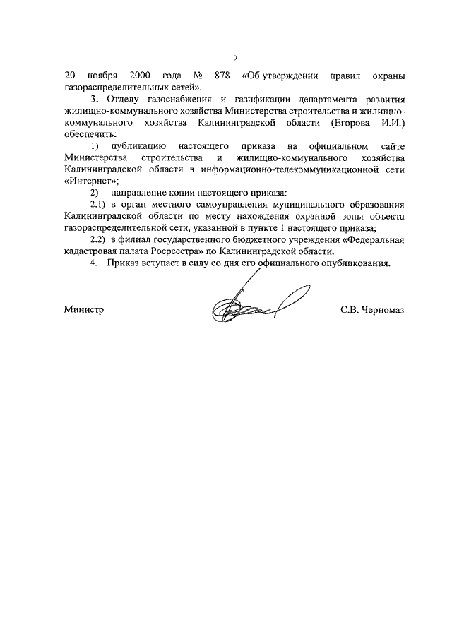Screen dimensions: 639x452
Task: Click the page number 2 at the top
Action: (x=235, y=59)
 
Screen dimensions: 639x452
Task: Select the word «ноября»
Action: (x=100, y=76)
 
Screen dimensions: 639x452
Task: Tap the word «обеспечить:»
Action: (x=90, y=134)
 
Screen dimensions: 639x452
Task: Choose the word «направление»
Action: (x=143, y=193)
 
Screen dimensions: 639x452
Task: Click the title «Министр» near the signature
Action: (x=83, y=310)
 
